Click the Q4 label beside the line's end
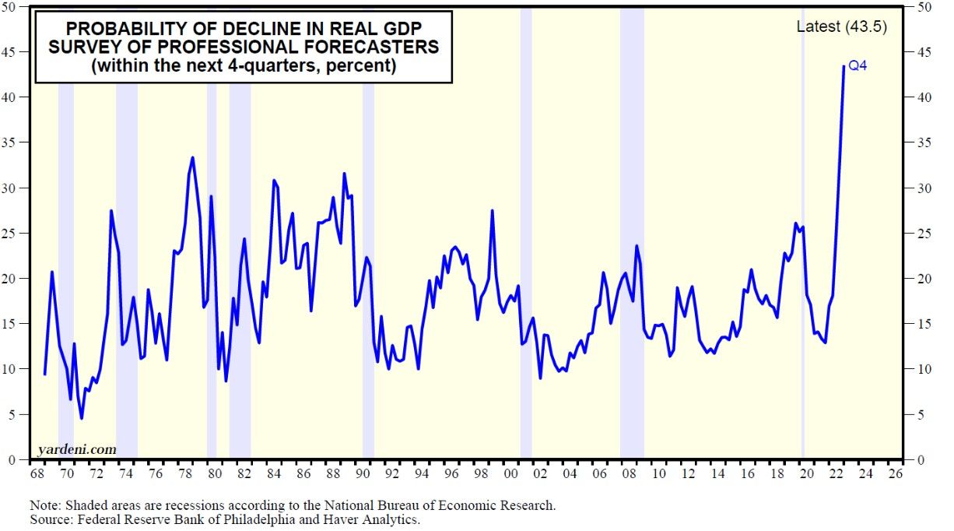click(x=857, y=66)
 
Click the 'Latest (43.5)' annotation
click(x=841, y=26)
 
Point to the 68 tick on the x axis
click(x=37, y=473)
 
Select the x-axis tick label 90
click(x=361, y=473)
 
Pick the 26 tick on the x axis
click(x=895, y=473)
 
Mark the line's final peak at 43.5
click(x=844, y=66)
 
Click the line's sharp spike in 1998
click(x=492, y=211)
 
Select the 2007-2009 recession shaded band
click(x=632, y=234)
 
